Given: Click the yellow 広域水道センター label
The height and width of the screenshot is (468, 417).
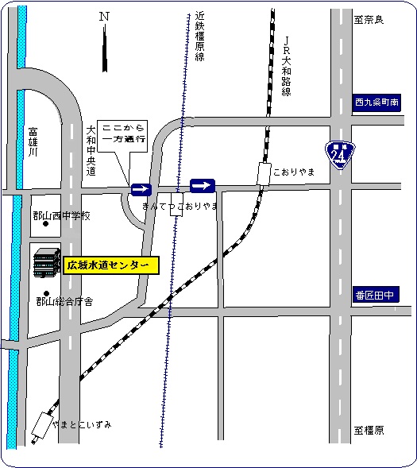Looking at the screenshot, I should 111,265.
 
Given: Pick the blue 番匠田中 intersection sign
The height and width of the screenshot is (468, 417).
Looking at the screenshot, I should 376,295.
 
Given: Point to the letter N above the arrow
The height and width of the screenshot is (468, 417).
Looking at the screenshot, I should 104,16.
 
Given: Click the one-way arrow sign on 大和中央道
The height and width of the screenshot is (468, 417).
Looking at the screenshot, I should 141,189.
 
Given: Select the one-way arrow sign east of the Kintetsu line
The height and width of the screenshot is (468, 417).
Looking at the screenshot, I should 203,186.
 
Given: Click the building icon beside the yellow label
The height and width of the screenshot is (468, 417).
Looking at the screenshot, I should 47,263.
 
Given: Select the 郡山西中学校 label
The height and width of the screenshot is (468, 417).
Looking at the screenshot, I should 62,215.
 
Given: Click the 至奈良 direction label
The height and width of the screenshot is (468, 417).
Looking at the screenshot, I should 369,19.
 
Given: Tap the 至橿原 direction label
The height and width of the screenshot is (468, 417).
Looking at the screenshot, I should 369,430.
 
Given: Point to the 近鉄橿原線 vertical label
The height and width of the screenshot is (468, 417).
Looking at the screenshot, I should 199,37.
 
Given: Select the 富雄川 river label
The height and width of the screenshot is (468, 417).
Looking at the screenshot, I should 33,141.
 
